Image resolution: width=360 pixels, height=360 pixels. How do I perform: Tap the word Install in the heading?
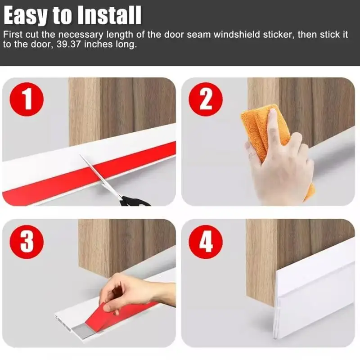point(109,15)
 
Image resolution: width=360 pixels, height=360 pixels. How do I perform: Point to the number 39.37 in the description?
point(69,44)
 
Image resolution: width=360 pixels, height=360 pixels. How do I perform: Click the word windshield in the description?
point(237,35)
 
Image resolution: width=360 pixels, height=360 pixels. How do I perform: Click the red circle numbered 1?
point(27,99)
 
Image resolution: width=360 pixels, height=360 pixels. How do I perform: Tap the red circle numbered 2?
point(206,99)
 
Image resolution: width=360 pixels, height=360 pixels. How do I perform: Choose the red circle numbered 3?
point(27,242)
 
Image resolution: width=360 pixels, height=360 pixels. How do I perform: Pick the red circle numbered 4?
point(206,242)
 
